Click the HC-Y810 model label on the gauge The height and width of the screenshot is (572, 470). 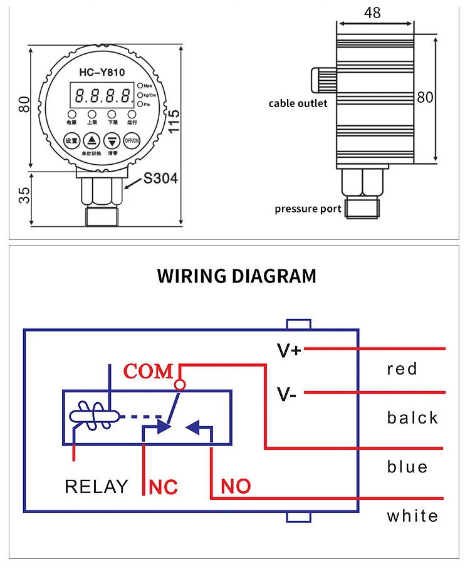click(103, 73)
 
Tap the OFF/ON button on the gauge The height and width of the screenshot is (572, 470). click(132, 140)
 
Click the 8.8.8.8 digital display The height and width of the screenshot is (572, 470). click(103, 96)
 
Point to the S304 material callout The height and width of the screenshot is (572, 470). click(160, 179)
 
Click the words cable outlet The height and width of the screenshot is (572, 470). click(298, 103)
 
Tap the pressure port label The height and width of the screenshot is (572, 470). click(308, 209)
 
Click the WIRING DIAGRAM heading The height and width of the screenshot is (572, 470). click(236, 276)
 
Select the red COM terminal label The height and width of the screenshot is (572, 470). click(148, 372)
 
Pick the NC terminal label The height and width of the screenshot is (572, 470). click(163, 487)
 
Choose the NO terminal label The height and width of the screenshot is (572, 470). click(236, 486)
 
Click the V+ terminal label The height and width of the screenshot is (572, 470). click(289, 351)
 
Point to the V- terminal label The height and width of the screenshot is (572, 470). click(287, 395)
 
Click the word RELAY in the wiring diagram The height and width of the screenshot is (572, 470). click(96, 486)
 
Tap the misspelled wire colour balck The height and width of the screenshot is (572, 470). click(412, 418)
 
